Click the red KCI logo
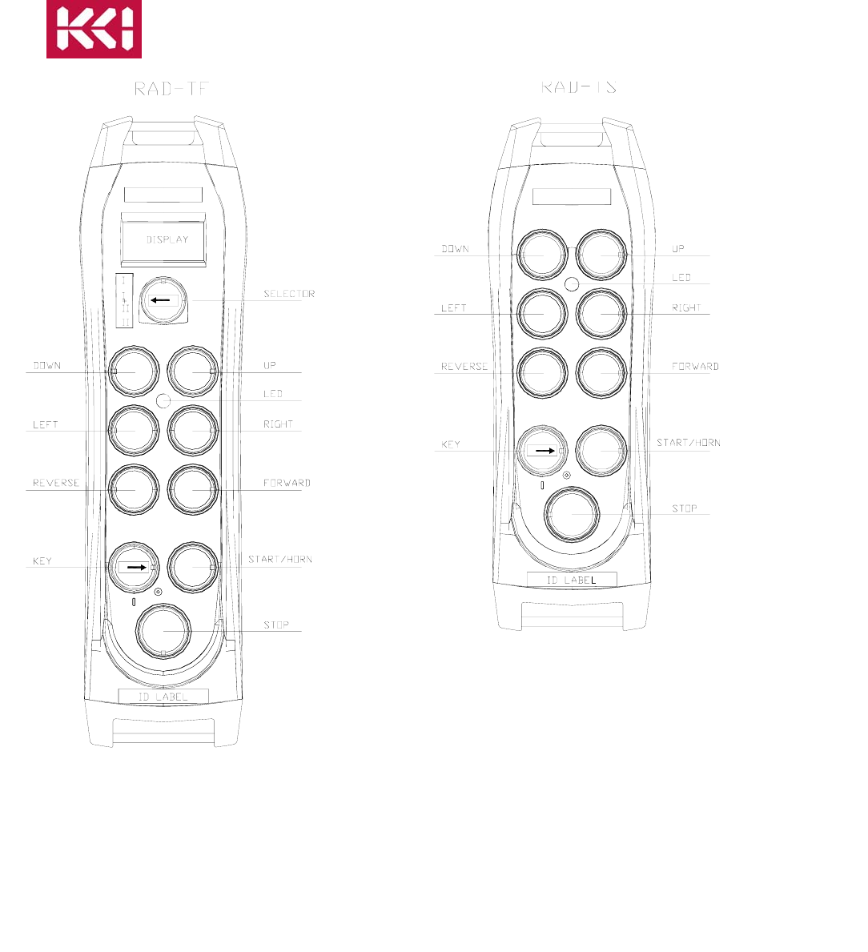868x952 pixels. (x=94, y=30)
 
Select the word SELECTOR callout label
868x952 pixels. (x=289, y=294)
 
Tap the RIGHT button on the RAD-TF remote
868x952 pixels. (x=192, y=431)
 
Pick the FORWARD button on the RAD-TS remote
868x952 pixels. (x=601, y=372)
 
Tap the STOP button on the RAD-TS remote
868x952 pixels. (x=571, y=514)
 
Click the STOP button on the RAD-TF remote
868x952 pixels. (x=163, y=631)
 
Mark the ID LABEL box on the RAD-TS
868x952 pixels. (x=572, y=580)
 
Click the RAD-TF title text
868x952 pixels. (x=171, y=89)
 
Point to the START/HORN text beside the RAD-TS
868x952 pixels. (x=688, y=443)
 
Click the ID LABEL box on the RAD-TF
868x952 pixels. (x=163, y=697)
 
